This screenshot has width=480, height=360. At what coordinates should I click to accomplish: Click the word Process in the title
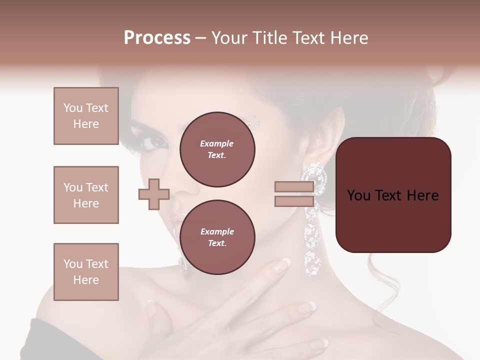[157, 38]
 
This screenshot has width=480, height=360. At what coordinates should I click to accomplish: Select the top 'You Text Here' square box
[86, 116]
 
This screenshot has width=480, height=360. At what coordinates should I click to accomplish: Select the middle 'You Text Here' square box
[86, 195]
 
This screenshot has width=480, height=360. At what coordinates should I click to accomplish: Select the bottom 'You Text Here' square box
[86, 271]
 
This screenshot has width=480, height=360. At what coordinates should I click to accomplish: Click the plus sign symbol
[153, 193]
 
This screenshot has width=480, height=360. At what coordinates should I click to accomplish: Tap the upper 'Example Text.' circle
[217, 149]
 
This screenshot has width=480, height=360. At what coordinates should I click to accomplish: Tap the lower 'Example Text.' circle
[217, 237]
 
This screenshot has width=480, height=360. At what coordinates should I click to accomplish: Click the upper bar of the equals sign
[294, 187]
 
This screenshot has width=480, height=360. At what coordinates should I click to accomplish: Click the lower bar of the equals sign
[294, 201]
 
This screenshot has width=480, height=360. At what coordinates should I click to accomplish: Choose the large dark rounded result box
[393, 195]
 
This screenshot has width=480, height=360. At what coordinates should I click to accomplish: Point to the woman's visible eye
[156, 142]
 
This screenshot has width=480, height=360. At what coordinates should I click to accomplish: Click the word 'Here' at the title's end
[348, 38]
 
